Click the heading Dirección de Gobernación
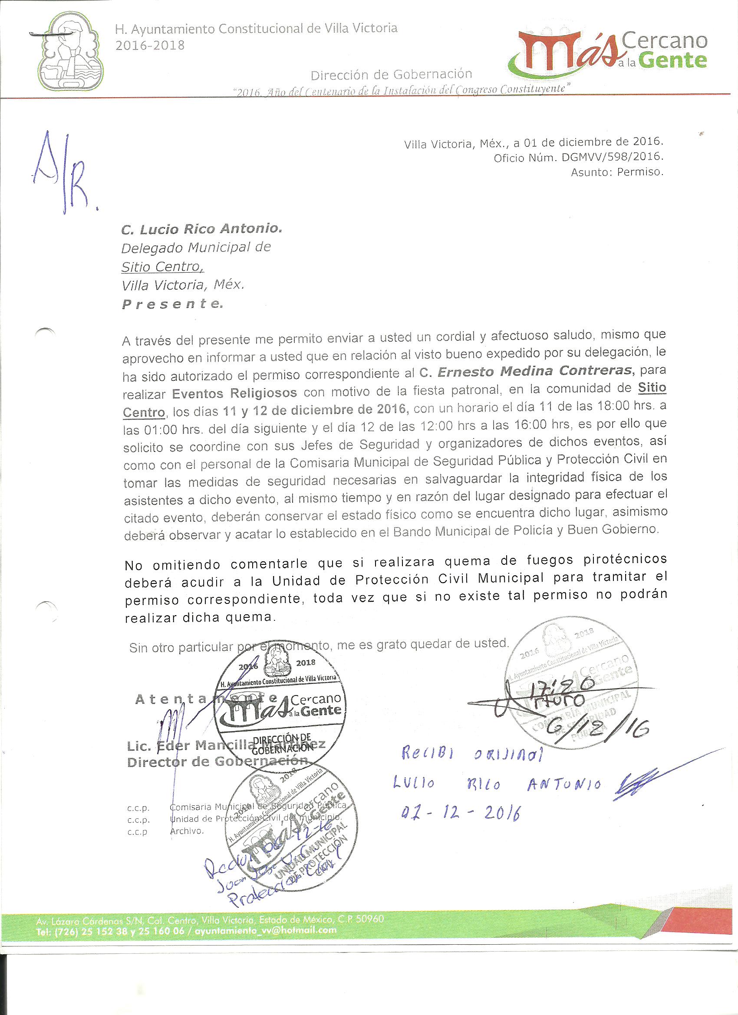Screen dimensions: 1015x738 392,74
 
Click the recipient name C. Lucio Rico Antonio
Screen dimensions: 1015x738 202,229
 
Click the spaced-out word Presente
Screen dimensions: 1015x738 172,304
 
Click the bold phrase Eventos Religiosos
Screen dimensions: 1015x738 234,393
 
